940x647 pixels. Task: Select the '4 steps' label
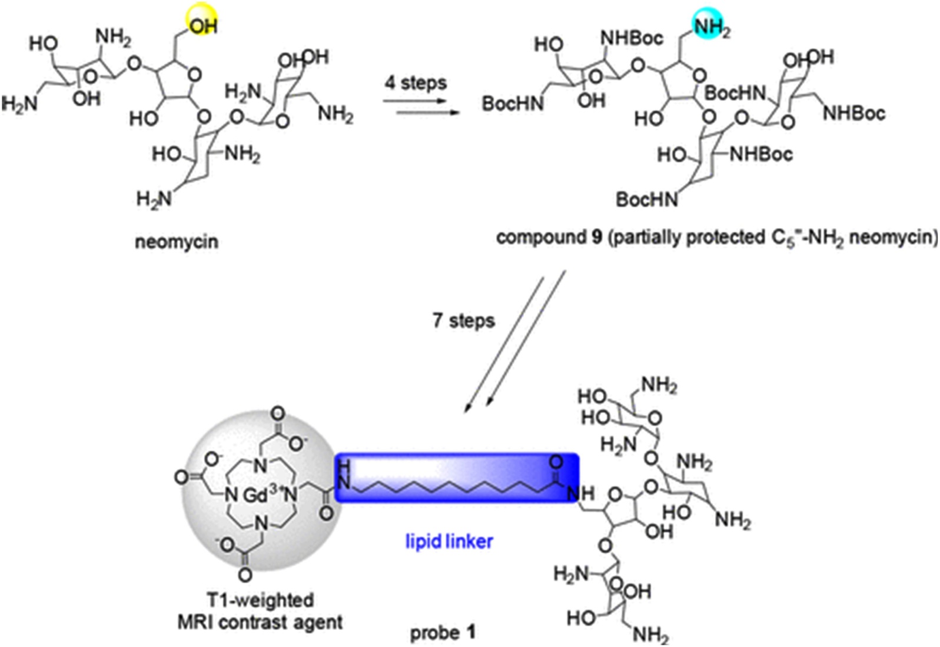coord(416,83)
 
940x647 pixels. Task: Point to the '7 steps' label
coord(464,321)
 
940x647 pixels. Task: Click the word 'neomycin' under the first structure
coord(177,242)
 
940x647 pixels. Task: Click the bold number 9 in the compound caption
coord(597,238)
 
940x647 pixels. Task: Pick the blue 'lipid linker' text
coord(449,541)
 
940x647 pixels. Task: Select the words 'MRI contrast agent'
coord(260,622)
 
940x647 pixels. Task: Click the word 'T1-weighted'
coord(260,600)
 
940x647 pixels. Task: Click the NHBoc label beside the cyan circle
coord(631,38)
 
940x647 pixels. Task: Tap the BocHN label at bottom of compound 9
coord(646,200)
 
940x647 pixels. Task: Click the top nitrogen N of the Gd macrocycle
coord(260,466)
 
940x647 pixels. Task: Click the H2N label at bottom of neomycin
coord(154,199)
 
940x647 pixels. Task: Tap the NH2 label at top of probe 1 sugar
coord(659,385)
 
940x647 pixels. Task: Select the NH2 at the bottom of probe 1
coord(650,635)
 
